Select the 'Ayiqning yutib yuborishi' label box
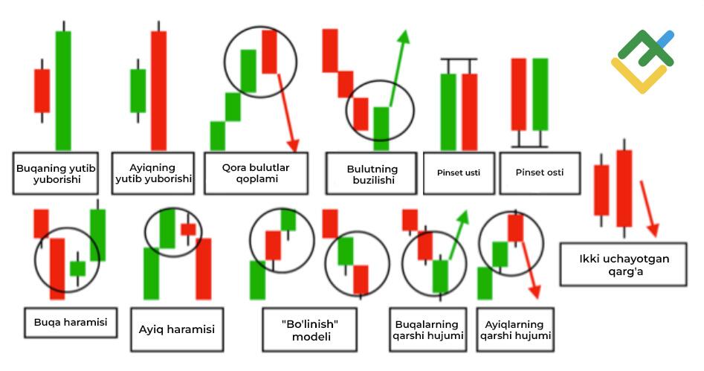153,173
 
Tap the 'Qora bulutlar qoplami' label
256,173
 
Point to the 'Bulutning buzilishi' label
372,174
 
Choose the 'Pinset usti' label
458,173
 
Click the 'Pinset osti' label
539,172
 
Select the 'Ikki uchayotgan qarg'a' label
623,265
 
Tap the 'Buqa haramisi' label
71,323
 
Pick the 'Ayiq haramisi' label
177,328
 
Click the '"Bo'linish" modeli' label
309,329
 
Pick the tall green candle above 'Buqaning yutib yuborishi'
63,89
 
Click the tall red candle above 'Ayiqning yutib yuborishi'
158,89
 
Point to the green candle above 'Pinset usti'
448,112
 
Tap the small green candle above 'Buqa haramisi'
77,268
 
